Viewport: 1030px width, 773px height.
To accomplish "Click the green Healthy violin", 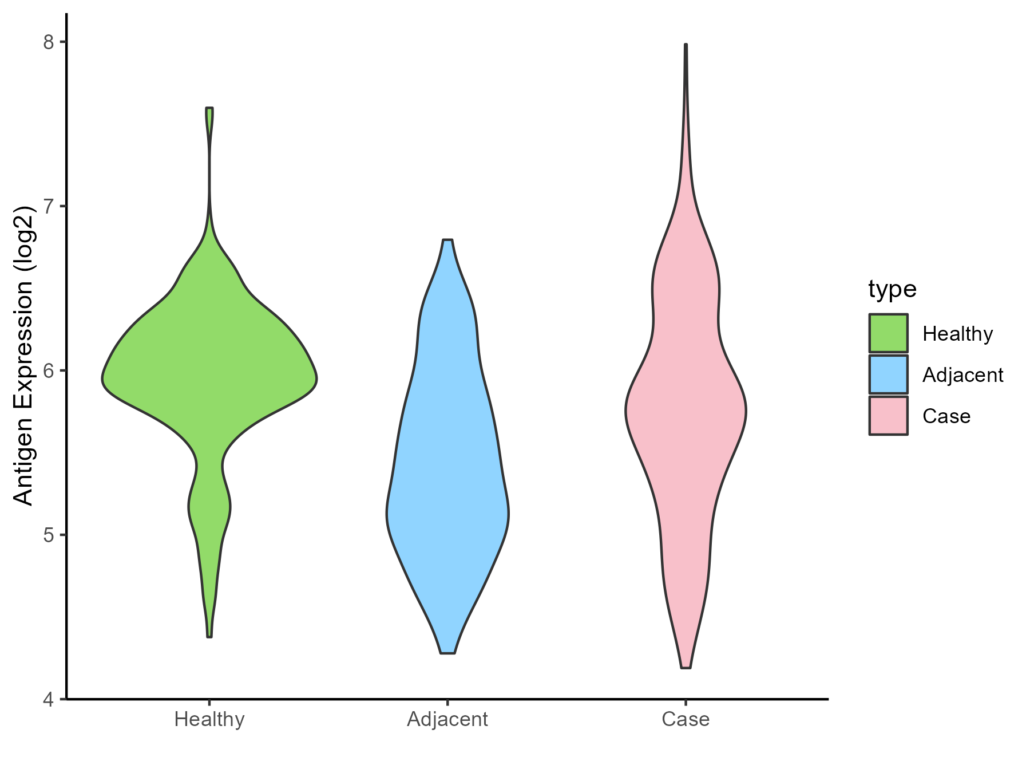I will [209, 378].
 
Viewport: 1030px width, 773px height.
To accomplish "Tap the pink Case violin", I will [686, 412].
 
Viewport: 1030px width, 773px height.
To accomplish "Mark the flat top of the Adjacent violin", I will [447, 240].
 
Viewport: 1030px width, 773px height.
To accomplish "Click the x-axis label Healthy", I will [209, 719].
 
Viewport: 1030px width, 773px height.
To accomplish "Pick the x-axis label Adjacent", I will [447, 719].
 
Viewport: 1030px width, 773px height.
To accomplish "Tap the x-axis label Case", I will [686, 719].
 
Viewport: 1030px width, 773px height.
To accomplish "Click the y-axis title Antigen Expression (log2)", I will [24, 355].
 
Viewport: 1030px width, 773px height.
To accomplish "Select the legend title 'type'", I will [892, 289].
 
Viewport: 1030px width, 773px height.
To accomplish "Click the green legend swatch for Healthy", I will [888, 333].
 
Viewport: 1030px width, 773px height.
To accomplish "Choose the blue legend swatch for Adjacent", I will [888, 374].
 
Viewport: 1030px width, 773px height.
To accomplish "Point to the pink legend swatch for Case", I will [888, 416].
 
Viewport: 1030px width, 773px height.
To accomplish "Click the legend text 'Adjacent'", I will [962, 375].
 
